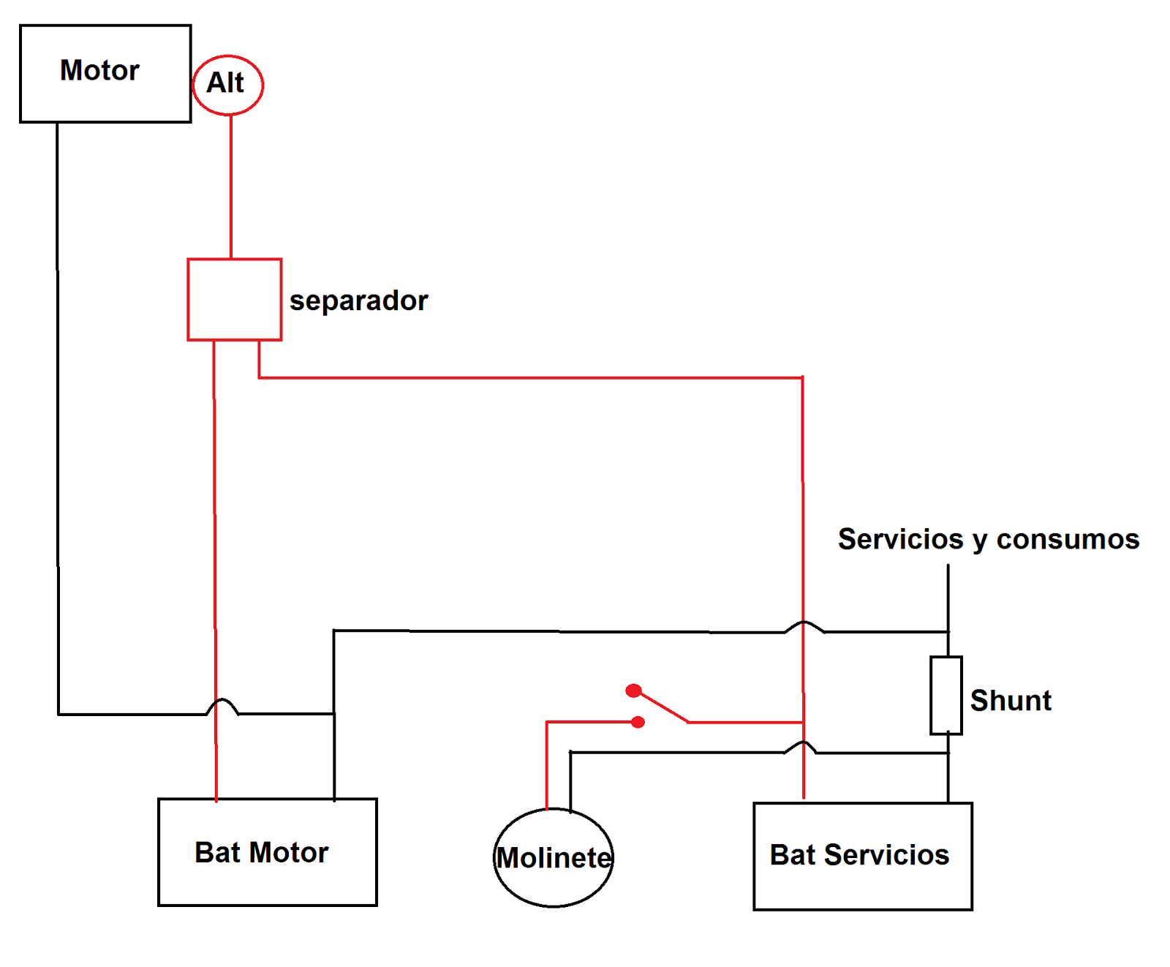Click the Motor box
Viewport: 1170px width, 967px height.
pos(105,73)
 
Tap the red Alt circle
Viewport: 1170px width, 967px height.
pos(227,85)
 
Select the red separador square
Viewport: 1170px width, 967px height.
pos(234,299)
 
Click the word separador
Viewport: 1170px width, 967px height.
pos(358,301)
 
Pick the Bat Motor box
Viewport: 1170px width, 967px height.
pos(267,852)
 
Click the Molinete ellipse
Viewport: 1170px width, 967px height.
pos(554,857)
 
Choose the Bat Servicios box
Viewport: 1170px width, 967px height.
pos(862,856)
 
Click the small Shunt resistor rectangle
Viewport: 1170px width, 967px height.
pos(946,695)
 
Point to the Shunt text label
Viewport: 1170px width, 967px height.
pos(1010,701)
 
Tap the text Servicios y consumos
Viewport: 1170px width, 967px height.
pos(988,539)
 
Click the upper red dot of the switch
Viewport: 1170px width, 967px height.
pos(633,691)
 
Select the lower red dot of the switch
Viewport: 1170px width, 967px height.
pos(638,722)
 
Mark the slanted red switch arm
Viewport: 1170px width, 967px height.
pos(664,707)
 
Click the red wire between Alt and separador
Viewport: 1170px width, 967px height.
pos(231,187)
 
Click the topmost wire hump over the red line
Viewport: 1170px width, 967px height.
pos(804,625)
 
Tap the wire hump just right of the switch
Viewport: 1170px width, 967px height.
pos(803,745)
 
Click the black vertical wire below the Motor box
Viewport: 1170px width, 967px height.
pos(58,417)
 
